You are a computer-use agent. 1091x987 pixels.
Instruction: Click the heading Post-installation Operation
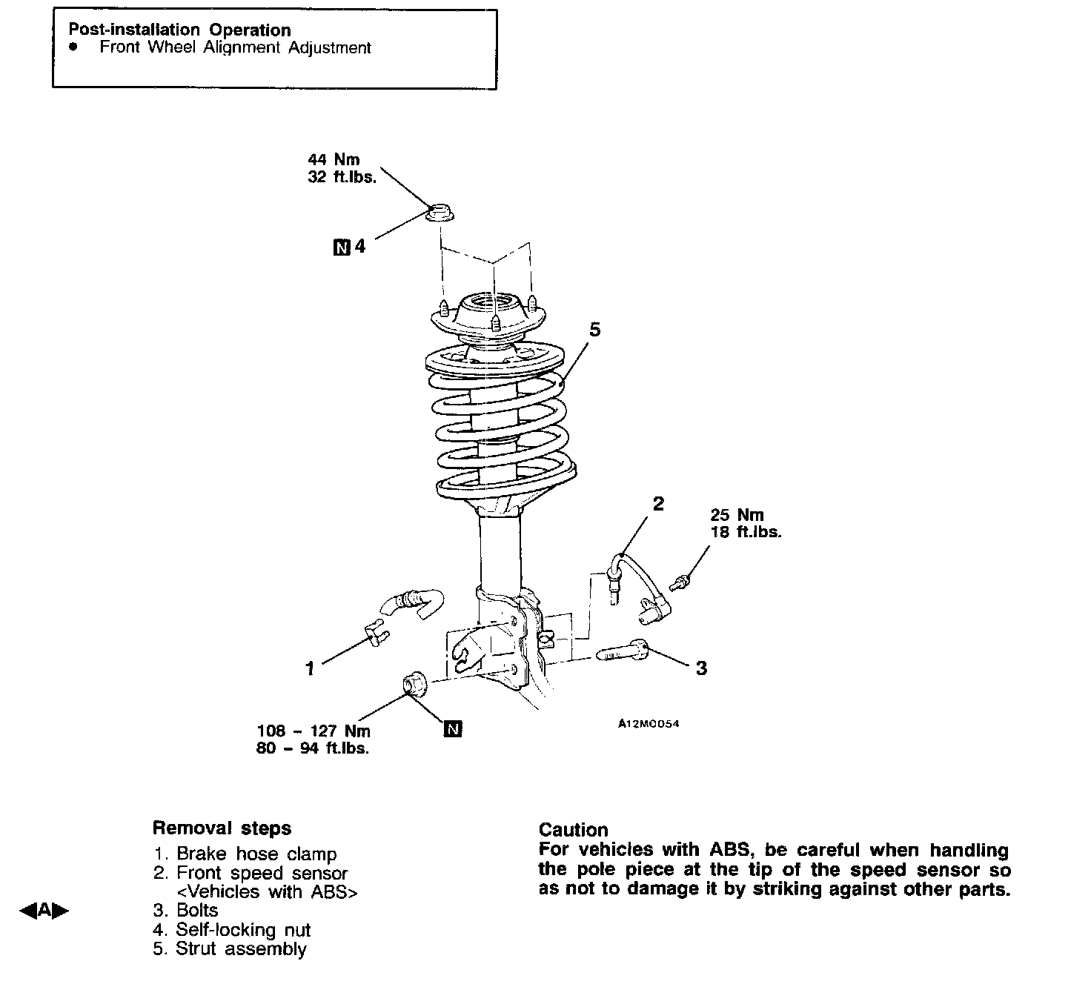pyautogui.click(x=179, y=30)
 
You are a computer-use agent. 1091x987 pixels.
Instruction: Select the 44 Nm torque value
pyautogui.click(x=334, y=159)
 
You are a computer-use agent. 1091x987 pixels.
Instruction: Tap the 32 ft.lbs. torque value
pyautogui.click(x=342, y=178)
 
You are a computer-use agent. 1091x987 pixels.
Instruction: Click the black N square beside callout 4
pyautogui.click(x=341, y=247)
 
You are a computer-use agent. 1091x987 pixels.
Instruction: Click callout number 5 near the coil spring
pyautogui.click(x=594, y=329)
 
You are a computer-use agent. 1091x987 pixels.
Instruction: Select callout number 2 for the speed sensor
pyautogui.click(x=658, y=504)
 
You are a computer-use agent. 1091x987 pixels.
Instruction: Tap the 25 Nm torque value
pyautogui.click(x=737, y=514)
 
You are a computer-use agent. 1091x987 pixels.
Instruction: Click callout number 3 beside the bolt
pyautogui.click(x=701, y=668)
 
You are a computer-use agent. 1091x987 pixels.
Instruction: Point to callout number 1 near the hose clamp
pyautogui.click(x=311, y=668)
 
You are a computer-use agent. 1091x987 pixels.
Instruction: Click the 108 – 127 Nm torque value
pyautogui.click(x=314, y=731)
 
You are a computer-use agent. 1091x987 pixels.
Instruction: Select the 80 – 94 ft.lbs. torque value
pyautogui.click(x=313, y=748)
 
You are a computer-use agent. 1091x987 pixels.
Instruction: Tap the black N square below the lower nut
pyautogui.click(x=452, y=729)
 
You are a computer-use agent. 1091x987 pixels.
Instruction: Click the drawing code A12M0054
pyautogui.click(x=649, y=724)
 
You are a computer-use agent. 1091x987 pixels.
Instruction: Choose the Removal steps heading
pyautogui.click(x=222, y=828)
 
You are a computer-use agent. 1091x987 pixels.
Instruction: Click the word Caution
pyautogui.click(x=573, y=830)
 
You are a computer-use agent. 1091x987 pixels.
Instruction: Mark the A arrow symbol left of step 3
pyautogui.click(x=44, y=910)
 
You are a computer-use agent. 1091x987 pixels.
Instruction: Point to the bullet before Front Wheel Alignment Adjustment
pyautogui.click(x=73, y=47)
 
